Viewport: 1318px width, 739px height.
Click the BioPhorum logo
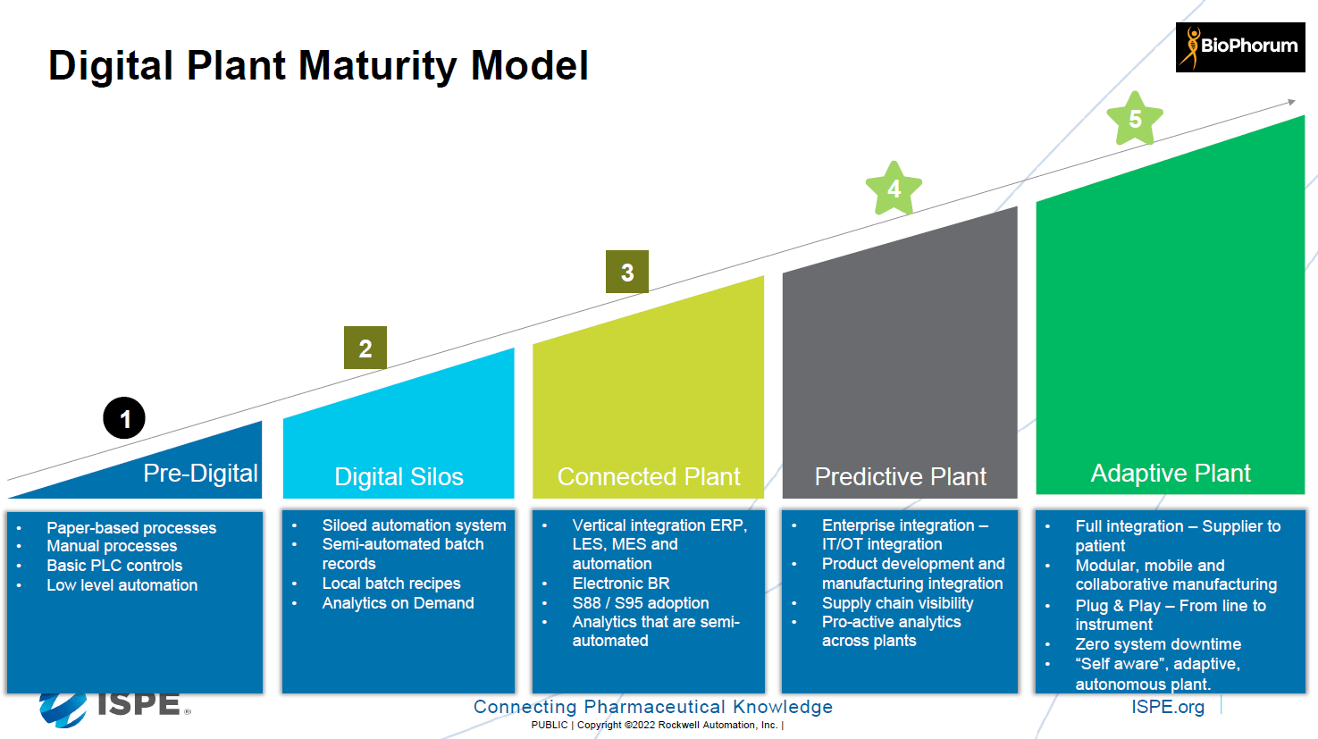click(x=1239, y=46)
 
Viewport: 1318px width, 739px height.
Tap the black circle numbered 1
click(x=124, y=418)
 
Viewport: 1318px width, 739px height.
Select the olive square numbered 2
click(x=365, y=348)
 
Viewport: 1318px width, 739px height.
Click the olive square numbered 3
click(x=627, y=272)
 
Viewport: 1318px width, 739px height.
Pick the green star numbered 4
click(x=894, y=189)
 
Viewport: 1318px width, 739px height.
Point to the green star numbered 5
click(x=1135, y=119)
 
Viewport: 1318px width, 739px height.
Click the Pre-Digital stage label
click(x=200, y=473)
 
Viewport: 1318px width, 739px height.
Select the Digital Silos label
click(x=399, y=476)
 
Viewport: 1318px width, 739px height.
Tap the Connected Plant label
click(x=649, y=476)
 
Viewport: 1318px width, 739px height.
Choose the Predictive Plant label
click(x=900, y=476)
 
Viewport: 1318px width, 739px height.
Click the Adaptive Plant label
click(x=1171, y=473)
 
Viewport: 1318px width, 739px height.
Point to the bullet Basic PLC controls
click(x=114, y=566)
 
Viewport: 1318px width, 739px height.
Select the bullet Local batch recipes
click(x=391, y=584)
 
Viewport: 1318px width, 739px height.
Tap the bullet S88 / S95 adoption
click(x=641, y=603)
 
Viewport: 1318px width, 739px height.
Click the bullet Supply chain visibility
click(x=897, y=603)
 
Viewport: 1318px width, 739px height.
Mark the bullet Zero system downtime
click(x=1158, y=644)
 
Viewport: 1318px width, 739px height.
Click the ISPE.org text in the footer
click(x=1167, y=707)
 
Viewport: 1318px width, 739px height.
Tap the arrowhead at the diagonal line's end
click(x=1290, y=102)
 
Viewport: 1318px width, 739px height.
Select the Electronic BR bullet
click(x=621, y=584)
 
